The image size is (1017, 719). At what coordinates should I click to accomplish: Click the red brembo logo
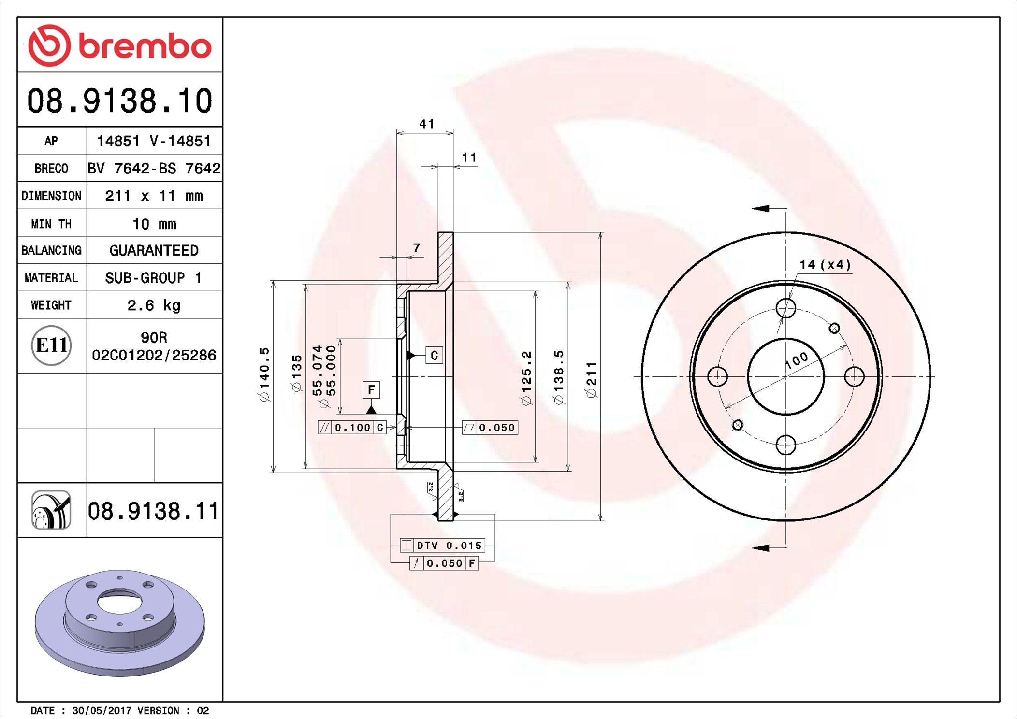click(x=120, y=45)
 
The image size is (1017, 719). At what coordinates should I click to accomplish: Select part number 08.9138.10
click(x=120, y=101)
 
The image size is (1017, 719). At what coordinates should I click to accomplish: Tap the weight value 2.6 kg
click(x=154, y=305)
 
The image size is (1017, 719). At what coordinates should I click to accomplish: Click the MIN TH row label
click(x=51, y=224)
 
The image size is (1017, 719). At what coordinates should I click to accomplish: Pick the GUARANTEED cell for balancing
click(x=154, y=250)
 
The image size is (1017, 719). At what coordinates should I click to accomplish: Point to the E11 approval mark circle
click(x=51, y=345)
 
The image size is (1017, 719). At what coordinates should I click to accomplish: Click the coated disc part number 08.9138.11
click(x=153, y=511)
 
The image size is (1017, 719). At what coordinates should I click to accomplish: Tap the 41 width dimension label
click(x=426, y=124)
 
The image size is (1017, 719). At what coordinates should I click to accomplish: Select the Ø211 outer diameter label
click(x=592, y=380)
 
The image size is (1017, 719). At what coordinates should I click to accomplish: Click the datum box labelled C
click(x=434, y=356)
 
